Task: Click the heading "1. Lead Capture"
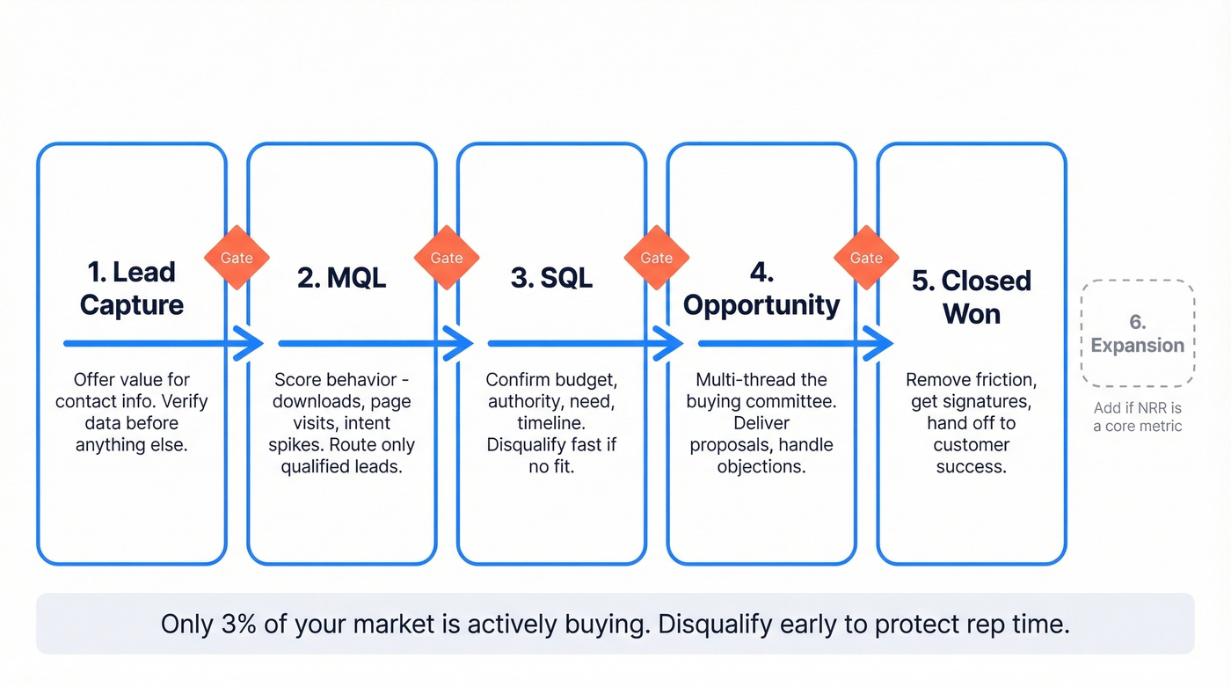tap(132, 289)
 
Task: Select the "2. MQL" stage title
tap(341, 278)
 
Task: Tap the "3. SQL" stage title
tap(551, 278)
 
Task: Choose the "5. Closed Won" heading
tap(972, 297)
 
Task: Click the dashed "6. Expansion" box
tap(1138, 333)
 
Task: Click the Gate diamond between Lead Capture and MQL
tap(237, 258)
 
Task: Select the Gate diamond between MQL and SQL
tap(447, 258)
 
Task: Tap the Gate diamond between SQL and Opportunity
tap(657, 258)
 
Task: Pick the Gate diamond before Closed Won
tap(866, 258)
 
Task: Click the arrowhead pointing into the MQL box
tap(250, 343)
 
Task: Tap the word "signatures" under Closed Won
tap(991, 402)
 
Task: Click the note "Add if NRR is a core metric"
tap(1138, 417)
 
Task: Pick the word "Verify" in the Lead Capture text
tap(184, 402)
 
